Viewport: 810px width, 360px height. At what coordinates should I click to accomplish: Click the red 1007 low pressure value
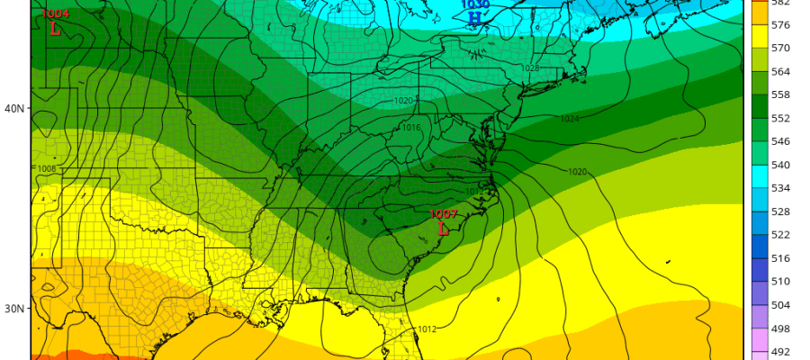pos(443,214)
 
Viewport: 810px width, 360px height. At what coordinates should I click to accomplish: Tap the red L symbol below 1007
pos(443,229)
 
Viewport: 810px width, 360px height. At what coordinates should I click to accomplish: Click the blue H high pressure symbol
pos(474,17)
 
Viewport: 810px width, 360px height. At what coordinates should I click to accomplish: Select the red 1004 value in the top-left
pos(56,13)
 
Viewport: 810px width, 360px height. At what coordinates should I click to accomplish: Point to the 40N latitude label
pos(14,108)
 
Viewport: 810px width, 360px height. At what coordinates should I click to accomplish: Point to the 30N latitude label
pos(14,309)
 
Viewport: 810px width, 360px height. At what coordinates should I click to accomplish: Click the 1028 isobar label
pos(529,68)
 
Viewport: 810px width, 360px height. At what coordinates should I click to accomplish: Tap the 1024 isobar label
pos(570,119)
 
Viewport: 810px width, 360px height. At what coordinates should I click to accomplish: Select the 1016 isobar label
pos(411,128)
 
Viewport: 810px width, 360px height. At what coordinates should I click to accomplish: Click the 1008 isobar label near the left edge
pos(47,168)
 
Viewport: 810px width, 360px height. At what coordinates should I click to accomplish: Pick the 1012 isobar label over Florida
pos(427,329)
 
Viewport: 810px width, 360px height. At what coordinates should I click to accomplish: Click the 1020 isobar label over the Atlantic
pos(578,172)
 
